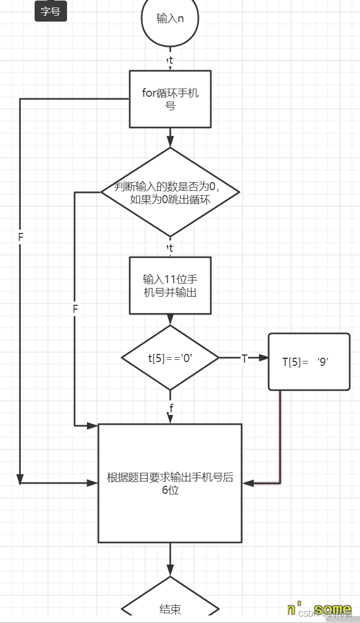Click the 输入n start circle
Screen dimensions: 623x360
point(170,19)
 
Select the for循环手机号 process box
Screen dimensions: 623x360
point(170,99)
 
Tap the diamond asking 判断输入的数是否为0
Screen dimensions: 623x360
point(170,192)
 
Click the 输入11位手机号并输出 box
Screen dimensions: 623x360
point(170,285)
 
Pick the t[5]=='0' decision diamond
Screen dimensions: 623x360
point(170,358)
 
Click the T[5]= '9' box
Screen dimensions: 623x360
point(309,361)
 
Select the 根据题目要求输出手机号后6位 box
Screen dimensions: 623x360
point(170,483)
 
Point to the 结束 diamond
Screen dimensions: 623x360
point(170,608)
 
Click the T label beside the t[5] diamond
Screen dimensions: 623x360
point(244,358)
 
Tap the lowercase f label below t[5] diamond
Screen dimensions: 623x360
point(171,408)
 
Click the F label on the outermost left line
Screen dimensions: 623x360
point(21,237)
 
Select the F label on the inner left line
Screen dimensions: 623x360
point(75,309)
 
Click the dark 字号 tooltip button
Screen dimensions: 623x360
point(50,11)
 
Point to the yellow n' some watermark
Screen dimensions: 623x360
point(319,609)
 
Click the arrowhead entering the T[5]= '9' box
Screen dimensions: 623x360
point(263,358)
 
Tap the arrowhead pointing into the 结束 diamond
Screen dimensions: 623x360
point(170,571)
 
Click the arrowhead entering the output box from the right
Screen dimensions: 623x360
point(248,483)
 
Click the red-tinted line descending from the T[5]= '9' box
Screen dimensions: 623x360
point(280,432)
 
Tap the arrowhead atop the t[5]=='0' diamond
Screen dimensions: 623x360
point(170,319)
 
